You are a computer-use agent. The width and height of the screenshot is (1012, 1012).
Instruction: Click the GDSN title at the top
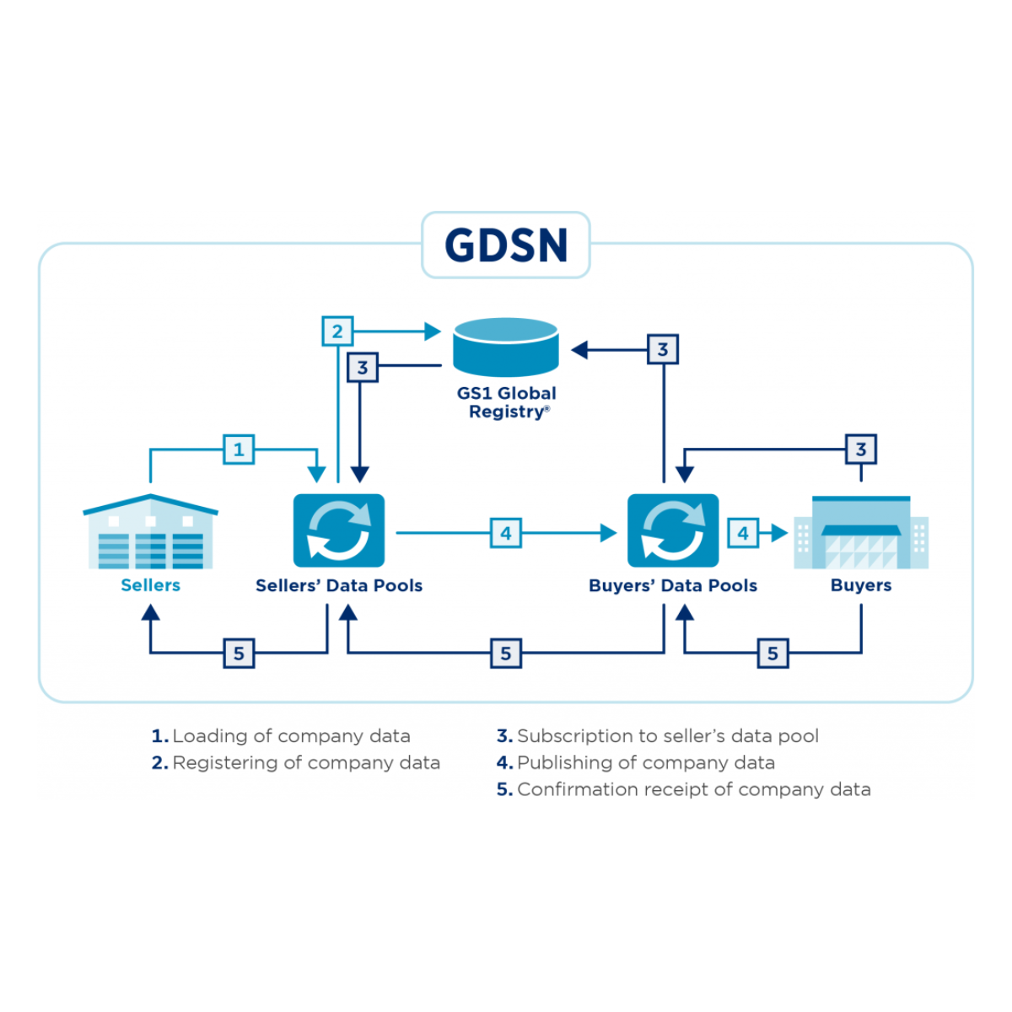click(506, 245)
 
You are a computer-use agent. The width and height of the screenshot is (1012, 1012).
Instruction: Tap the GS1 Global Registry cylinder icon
click(506, 347)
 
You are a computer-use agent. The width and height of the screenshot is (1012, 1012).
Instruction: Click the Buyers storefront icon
click(861, 532)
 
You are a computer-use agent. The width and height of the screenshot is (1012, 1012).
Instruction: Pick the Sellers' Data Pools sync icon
click(339, 530)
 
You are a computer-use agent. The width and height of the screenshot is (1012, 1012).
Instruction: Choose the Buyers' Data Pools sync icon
click(673, 530)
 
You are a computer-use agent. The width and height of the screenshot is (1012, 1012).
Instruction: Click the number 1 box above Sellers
click(239, 449)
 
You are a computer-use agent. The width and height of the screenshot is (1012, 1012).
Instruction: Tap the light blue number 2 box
click(337, 331)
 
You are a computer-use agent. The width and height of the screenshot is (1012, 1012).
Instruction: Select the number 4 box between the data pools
click(506, 533)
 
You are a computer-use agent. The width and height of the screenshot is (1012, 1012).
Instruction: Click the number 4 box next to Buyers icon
click(743, 533)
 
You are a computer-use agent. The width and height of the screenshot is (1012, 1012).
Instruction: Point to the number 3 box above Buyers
click(861, 449)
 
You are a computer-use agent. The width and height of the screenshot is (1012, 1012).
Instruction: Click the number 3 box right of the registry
click(663, 349)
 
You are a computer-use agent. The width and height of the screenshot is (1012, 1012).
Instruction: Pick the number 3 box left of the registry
click(363, 367)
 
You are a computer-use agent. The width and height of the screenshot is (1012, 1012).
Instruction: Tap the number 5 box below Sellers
click(239, 653)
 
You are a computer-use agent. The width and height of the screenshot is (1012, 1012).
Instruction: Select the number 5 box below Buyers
click(772, 653)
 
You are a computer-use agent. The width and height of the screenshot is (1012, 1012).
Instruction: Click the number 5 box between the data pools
click(506, 653)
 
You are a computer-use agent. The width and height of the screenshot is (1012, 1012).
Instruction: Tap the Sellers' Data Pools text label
click(339, 585)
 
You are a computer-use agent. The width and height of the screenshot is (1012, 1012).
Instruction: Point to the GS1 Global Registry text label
click(507, 402)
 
